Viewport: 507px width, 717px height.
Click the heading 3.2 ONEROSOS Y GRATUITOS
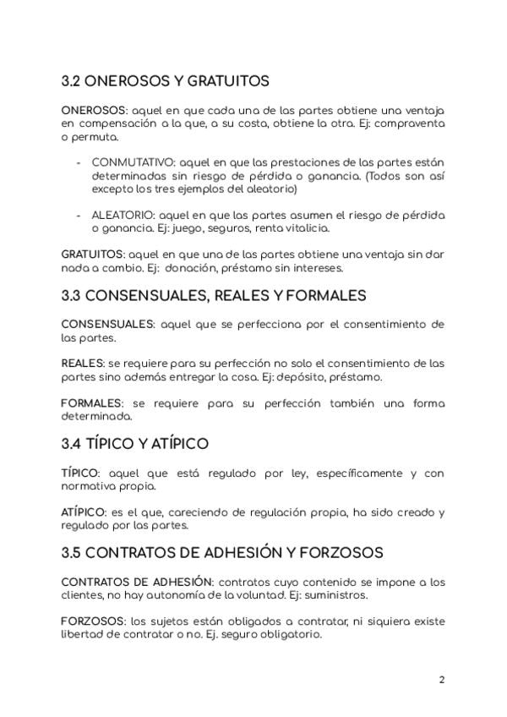pyautogui.click(x=166, y=82)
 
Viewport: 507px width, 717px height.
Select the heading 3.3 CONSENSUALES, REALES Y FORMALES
pyautogui.click(x=214, y=295)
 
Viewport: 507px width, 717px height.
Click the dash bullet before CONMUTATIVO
pyautogui.click(x=79, y=161)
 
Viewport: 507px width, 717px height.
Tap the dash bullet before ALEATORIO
pyautogui.click(x=79, y=216)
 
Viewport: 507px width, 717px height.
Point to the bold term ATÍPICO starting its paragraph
pyautogui.click(x=84, y=512)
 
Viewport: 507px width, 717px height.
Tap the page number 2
pyautogui.click(x=442, y=680)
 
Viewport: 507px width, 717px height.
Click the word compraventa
pyautogui.click(x=410, y=123)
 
